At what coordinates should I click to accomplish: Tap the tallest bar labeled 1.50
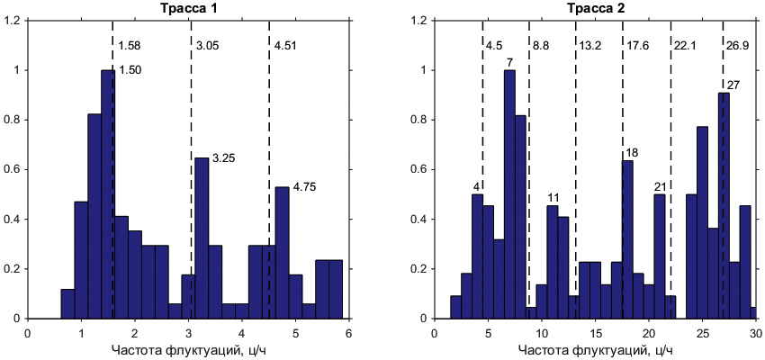tap(108, 193)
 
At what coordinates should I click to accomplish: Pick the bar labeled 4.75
tap(282, 252)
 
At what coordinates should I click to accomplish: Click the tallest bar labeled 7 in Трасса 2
tap(509, 193)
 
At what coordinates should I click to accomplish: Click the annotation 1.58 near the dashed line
tap(129, 45)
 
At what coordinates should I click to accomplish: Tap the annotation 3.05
tap(207, 45)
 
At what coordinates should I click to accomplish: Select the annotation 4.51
tap(285, 45)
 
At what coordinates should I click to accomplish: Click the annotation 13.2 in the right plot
tap(590, 45)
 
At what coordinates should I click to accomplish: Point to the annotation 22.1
tap(685, 45)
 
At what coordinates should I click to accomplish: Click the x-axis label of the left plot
tap(187, 349)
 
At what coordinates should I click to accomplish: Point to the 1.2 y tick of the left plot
tap(13, 21)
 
